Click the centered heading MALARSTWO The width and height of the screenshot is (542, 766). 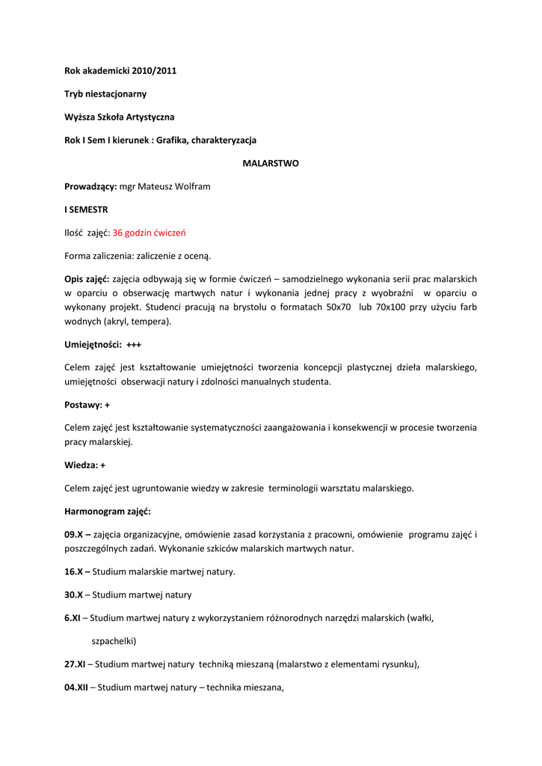[x=271, y=163]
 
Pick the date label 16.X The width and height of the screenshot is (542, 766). [x=75, y=572]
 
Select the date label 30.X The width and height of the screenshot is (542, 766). [x=73, y=595]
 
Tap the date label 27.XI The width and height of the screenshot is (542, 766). [x=75, y=664]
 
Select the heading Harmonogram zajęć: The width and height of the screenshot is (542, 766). [x=108, y=512]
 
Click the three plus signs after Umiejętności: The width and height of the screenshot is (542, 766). [x=134, y=345]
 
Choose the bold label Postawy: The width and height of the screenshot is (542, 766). [x=84, y=405]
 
